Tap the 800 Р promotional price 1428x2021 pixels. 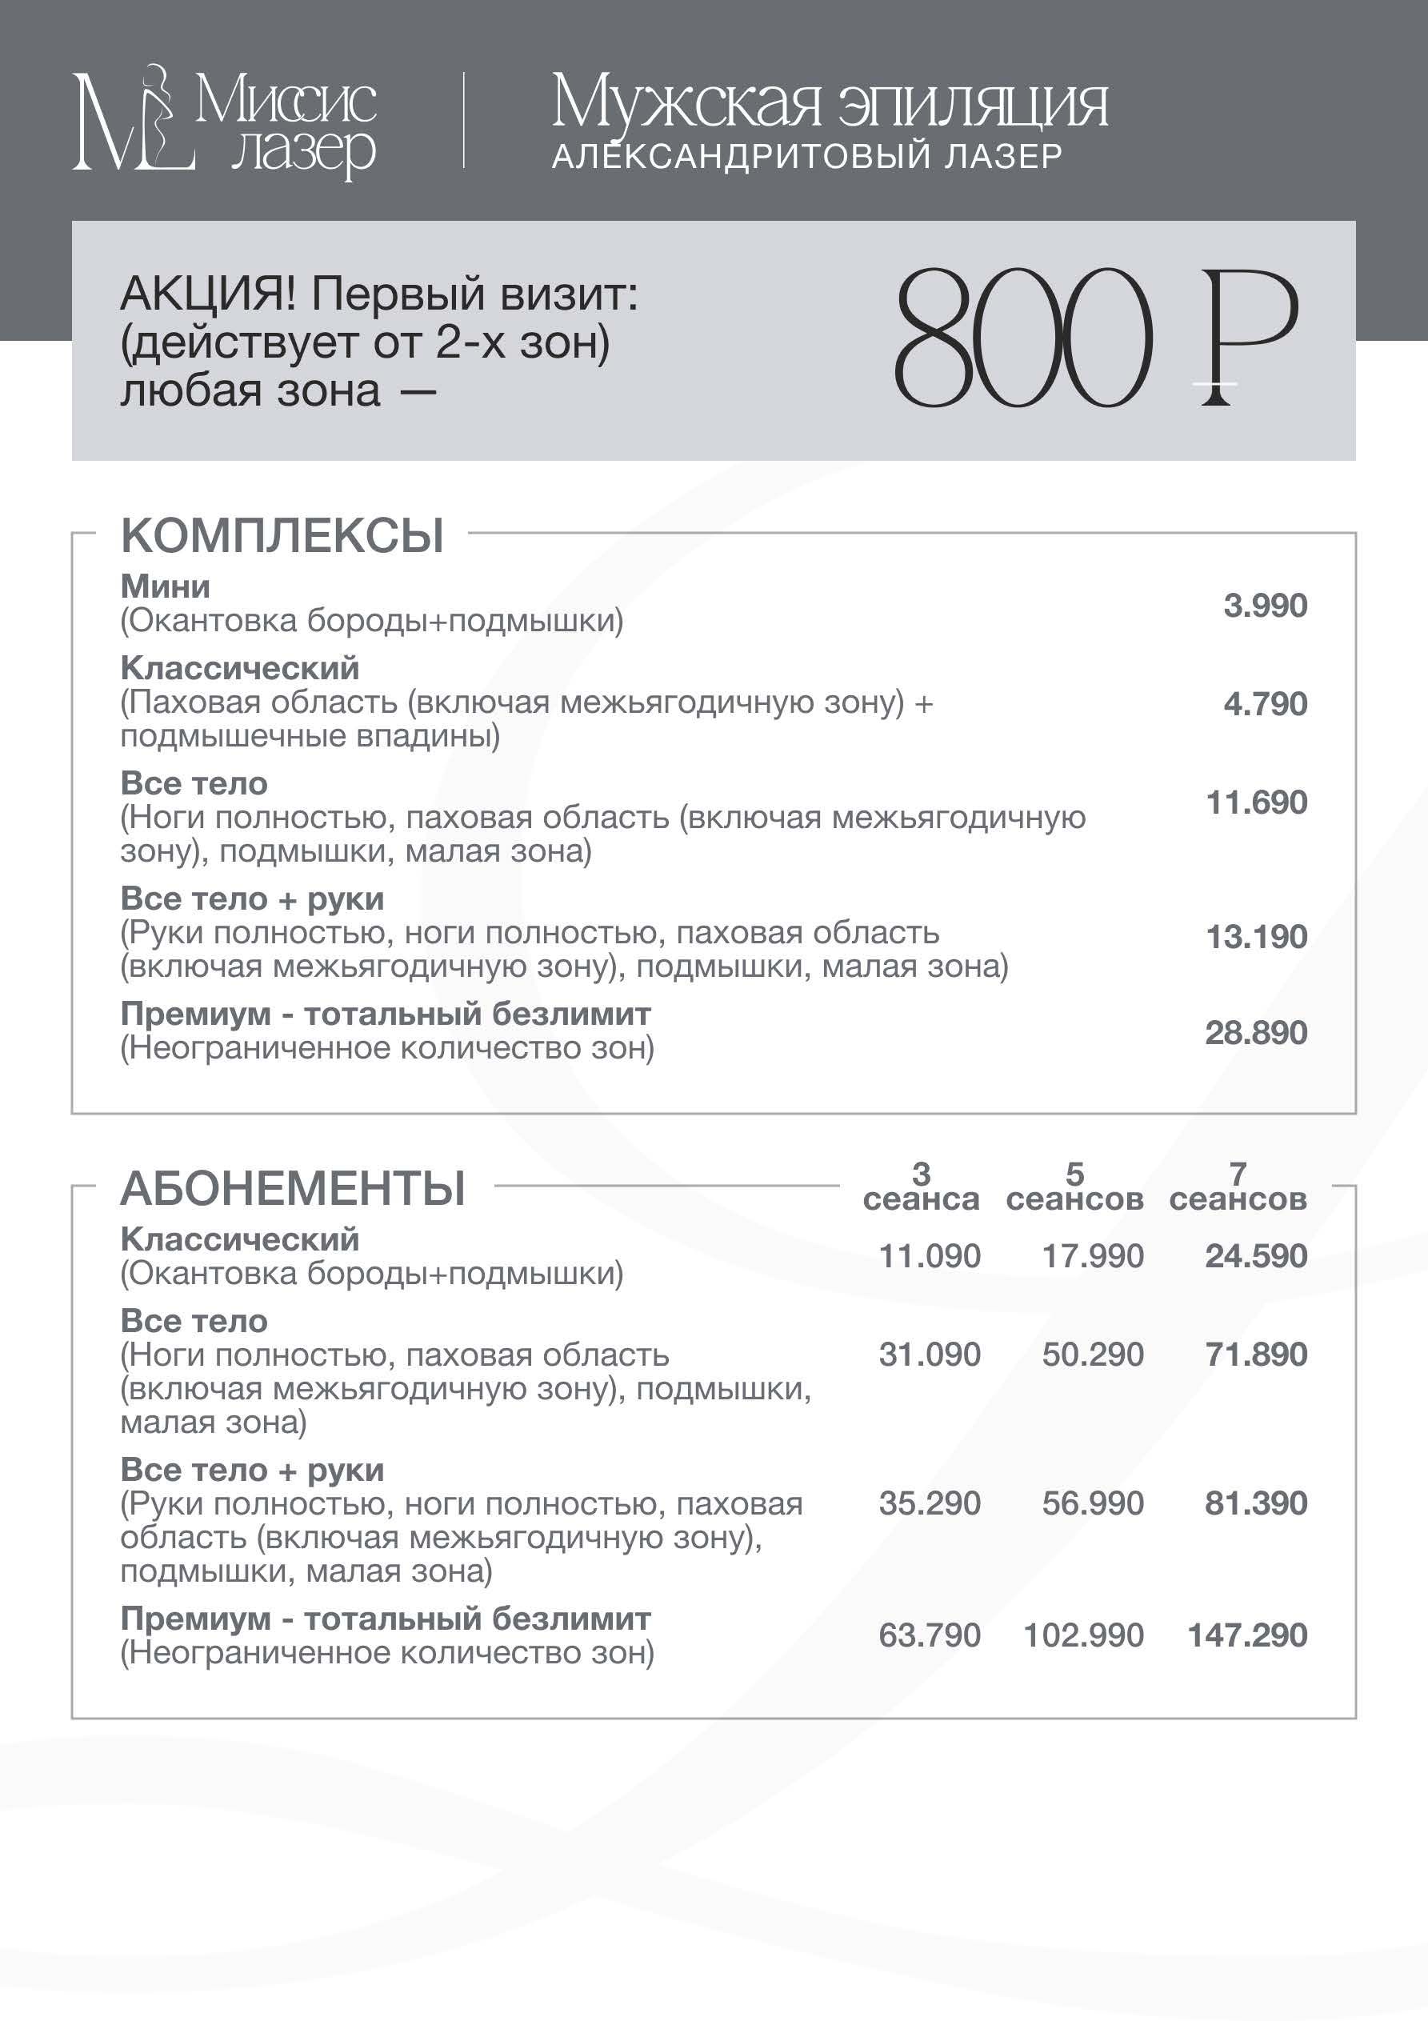(1095, 339)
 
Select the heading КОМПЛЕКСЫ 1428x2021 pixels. (282, 535)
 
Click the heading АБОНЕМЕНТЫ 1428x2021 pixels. (292, 1188)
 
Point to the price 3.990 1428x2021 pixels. (1265, 606)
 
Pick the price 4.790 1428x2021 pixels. (1265, 704)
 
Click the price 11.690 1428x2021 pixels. (1256, 802)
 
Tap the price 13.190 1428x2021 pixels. (1256, 937)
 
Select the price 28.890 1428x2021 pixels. (1256, 1033)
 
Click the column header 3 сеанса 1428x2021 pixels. (921, 1187)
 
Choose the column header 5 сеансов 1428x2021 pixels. (1074, 1187)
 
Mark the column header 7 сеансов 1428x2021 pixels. (1238, 1187)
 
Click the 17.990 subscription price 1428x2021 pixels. (1093, 1256)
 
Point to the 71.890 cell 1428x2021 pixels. (1256, 1355)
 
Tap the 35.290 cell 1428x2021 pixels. (930, 1503)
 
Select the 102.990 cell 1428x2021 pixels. (1084, 1635)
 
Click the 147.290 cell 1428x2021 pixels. (1247, 1635)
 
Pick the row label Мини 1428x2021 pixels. (166, 586)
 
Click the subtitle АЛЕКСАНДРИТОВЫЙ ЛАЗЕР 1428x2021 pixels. (806, 157)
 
